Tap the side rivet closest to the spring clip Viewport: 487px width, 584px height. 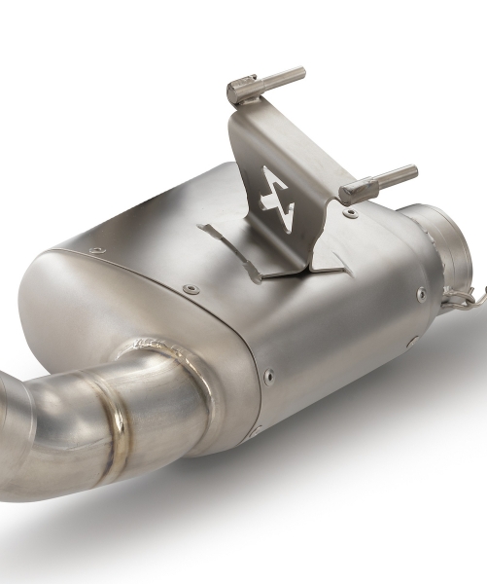point(421,294)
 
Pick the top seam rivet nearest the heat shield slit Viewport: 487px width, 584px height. point(191,289)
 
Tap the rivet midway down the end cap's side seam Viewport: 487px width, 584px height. point(268,373)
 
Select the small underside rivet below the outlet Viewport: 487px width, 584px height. point(412,342)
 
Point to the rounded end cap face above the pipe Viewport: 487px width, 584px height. point(97,302)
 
